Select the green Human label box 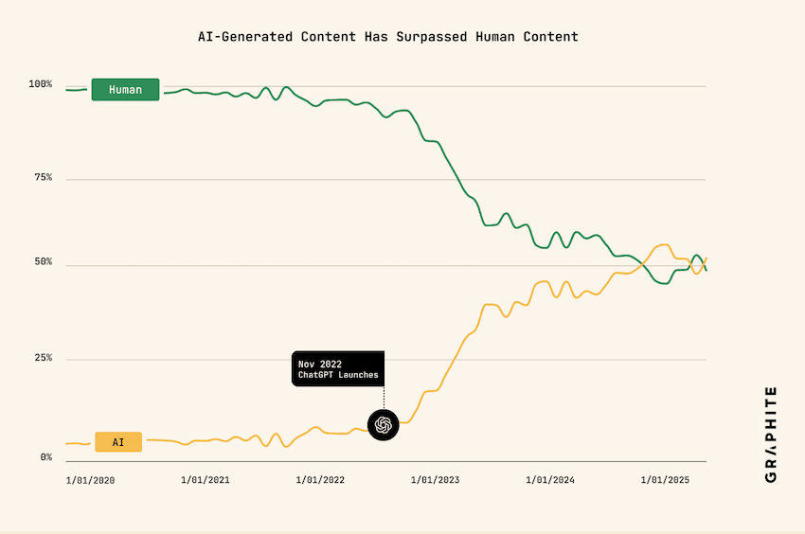(125, 90)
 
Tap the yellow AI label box (118, 442)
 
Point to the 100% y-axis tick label (41, 84)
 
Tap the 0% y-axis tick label (45, 457)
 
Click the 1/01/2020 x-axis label (90, 480)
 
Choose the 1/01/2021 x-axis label (205, 480)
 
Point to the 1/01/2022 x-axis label (320, 480)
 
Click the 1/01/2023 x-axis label (435, 480)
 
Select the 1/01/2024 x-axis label (550, 480)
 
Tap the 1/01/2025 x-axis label (666, 480)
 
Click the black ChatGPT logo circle (384, 425)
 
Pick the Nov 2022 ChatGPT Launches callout (338, 368)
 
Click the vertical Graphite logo (770, 434)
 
